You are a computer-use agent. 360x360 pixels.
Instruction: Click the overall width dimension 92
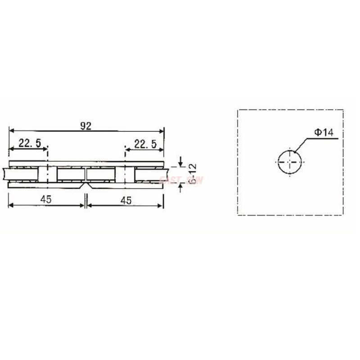[86, 126]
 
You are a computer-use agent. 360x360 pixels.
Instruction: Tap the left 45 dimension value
[45, 200]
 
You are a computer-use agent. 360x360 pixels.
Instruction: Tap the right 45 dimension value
[126, 200]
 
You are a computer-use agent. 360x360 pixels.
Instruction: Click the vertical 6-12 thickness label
[193, 174]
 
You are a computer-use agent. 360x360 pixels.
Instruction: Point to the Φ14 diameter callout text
[324, 133]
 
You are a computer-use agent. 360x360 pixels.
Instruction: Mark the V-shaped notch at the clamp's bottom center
[85, 185]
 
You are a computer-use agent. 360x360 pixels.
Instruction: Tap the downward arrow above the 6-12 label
[180, 163]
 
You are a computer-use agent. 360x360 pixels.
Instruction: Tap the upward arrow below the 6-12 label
[180, 186]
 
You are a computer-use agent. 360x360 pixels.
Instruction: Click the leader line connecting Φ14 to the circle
[304, 144]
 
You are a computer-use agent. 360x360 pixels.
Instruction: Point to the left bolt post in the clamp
[47, 174]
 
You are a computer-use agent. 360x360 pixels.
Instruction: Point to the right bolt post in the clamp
[125, 174]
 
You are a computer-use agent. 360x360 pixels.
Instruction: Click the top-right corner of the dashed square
[343, 110]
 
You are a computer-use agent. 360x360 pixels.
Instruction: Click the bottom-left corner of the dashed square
[238, 215]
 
